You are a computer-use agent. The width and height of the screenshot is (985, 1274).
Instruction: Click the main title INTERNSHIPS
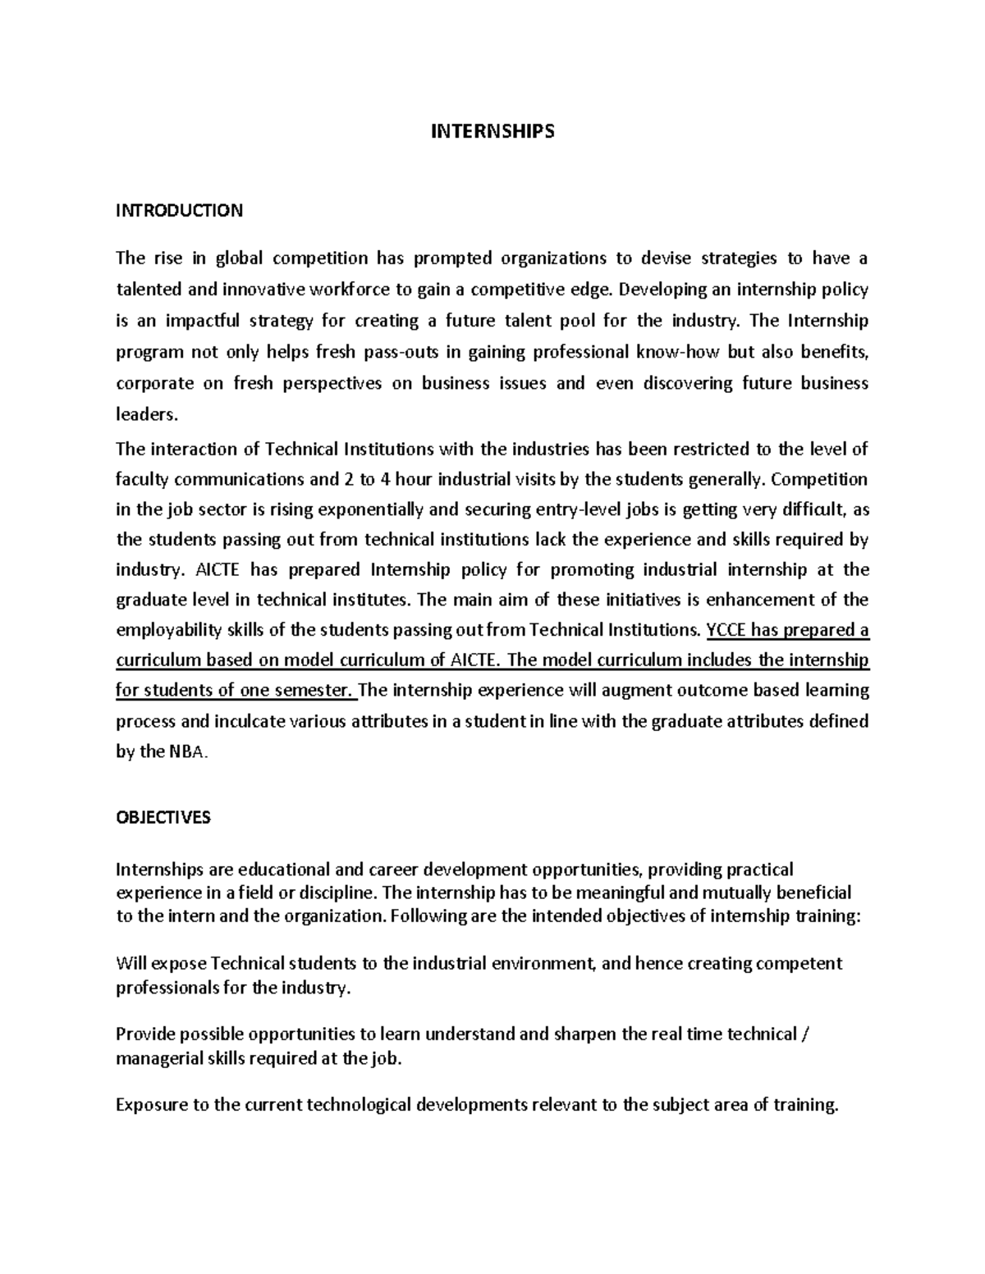(x=492, y=131)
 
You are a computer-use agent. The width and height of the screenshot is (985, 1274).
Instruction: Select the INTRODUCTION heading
(x=179, y=211)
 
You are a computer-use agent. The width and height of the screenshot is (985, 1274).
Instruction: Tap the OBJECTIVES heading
(x=163, y=818)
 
